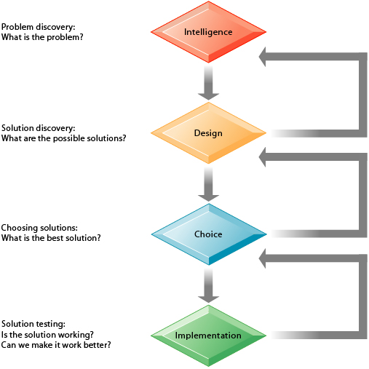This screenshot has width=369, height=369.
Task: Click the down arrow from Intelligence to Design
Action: pyautogui.click(x=209, y=82)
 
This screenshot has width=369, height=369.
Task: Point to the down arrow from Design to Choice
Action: pyautogui.click(x=209, y=184)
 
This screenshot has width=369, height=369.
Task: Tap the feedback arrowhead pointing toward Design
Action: pyautogui.click(x=273, y=158)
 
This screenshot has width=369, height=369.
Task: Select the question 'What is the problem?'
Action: pyautogui.click(x=42, y=36)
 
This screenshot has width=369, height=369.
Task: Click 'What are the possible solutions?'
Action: pyautogui.click(x=63, y=138)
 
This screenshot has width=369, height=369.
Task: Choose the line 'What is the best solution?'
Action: pyautogui.click(x=51, y=237)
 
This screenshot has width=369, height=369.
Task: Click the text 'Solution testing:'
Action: pyautogui.click(x=33, y=324)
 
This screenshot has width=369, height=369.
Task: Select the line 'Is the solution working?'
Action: pyautogui.click(x=48, y=334)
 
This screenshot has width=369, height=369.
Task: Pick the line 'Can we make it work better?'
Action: pyautogui.click(x=56, y=344)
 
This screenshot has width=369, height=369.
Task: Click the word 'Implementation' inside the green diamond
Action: pyautogui.click(x=208, y=336)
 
